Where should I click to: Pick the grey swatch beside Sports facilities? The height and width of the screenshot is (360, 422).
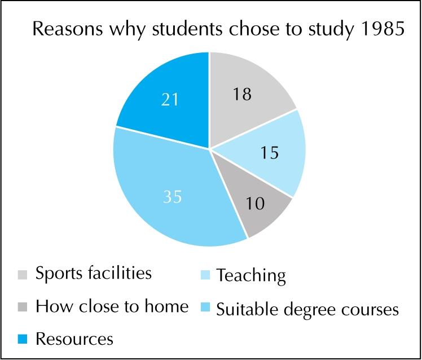(22, 275)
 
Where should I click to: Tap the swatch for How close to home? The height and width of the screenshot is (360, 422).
(22, 308)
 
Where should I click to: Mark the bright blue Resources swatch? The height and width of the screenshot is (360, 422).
(22, 340)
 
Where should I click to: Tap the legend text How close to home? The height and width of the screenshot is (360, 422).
(111, 307)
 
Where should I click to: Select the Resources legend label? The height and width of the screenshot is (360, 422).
(74, 340)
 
